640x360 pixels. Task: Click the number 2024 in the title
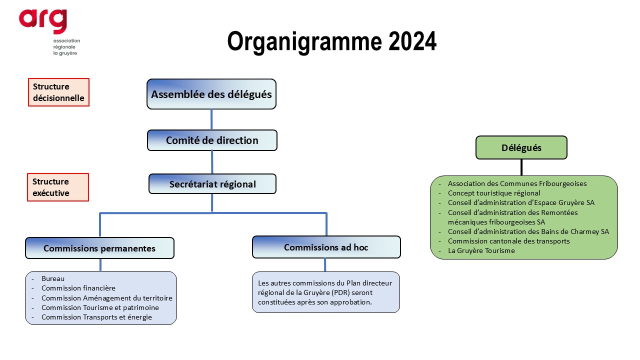pyautogui.click(x=412, y=41)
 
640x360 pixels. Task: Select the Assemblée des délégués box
pyautogui.click(x=211, y=94)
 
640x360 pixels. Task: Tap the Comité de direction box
pyautogui.click(x=212, y=140)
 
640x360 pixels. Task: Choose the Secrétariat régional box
pyautogui.click(x=212, y=184)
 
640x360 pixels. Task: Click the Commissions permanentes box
pyautogui.click(x=99, y=248)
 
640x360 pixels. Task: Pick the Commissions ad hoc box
pyautogui.click(x=326, y=247)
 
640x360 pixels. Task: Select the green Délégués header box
pyautogui.click(x=521, y=147)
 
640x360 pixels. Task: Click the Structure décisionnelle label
pyautogui.click(x=58, y=92)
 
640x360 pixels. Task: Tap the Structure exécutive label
pyautogui.click(x=58, y=187)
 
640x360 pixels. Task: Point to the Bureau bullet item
pyautogui.click(x=53, y=278)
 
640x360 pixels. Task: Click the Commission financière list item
pyautogui.click(x=78, y=288)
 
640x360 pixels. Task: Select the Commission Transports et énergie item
pyautogui.click(x=96, y=317)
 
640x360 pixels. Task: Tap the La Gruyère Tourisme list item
pyautogui.click(x=481, y=250)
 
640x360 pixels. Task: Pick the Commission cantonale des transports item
pyautogui.click(x=508, y=241)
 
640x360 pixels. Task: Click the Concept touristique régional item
pyautogui.click(x=494, y=193)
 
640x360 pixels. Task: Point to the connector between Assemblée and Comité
pyautogui.click(x=211, y=119)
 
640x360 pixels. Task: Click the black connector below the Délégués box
pyautogui.click(x=521, y=167)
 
